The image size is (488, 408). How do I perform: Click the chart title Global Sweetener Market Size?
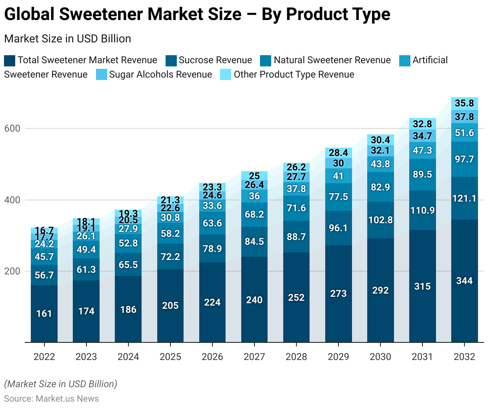(x=197, y=15)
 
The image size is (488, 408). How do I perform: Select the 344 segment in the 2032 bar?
(x=464, y=281)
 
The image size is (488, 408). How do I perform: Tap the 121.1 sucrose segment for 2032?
(x=464, y=198)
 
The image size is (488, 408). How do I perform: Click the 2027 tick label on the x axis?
(x=254, y=357)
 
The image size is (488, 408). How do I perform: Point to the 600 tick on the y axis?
(x=12, y=128)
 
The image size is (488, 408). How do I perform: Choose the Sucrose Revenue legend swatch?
(x=171, y=60)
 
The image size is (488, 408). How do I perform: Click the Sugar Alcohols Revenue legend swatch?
(x=102, y=75)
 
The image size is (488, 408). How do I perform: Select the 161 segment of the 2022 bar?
(x=44, y=314)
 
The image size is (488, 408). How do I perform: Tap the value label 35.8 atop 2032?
(x=464, y=104)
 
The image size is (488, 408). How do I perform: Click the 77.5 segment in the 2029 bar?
(x=338, y=197)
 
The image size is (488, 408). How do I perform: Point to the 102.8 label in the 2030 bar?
(x=380, y=220)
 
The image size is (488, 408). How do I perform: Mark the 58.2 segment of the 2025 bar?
(x=170, y=234)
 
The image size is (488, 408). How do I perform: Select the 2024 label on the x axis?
(x=128, y=357)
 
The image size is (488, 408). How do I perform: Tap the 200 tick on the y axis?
(x=12, y=271)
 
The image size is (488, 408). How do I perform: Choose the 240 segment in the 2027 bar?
(x=254, y=300)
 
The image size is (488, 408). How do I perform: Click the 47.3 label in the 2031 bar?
(x=422, y=150)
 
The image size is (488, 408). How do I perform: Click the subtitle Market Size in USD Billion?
(x=68, y=39)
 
